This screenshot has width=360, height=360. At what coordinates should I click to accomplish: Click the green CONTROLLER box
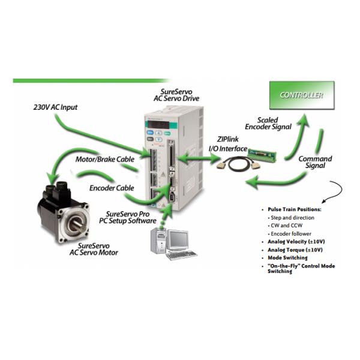pyautogui.click(x=301, y=95)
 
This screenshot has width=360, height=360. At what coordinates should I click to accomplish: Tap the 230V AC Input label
pyautogui.click(x=55, y=107)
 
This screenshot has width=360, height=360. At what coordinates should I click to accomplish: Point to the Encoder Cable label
pyautogui.click(x=112, y=188)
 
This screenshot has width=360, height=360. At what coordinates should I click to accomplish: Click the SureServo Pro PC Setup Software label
pyautogui.click(x=130, y=217)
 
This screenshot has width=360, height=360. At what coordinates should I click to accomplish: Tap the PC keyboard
pyautogui.click(x=181, y=255)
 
